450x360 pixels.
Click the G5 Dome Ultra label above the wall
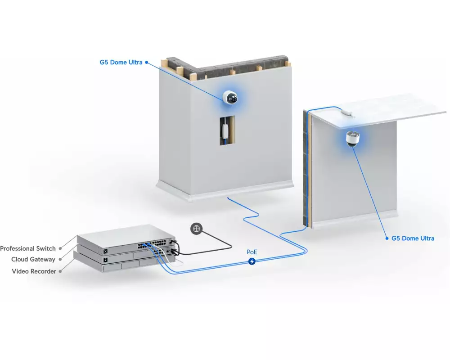point(121,62)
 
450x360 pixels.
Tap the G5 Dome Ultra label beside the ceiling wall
point(413,238)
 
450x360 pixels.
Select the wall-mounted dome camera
point(230,98)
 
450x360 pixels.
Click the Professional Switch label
point(28,248)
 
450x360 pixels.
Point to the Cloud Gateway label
point(33,260)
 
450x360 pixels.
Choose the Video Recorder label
point(34,271)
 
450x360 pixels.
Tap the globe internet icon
point(197,229)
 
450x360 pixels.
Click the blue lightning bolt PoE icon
point(252,261)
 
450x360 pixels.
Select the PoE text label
point(252,252)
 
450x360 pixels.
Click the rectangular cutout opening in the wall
point(228,130)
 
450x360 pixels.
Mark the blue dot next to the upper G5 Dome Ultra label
point(147,62)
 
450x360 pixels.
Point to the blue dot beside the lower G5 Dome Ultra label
point(387,238)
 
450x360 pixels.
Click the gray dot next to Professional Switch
point(60,248)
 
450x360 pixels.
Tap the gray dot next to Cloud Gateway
point(60,260)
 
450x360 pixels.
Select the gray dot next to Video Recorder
point(60,271)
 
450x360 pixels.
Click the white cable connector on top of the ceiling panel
point(347,113)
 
